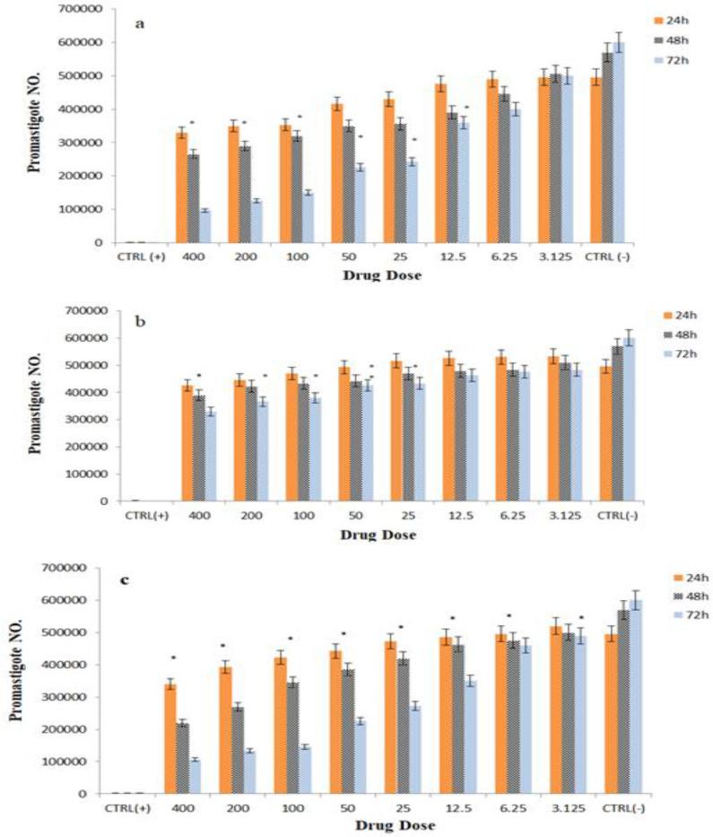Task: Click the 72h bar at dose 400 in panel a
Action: (x=204, y=226)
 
